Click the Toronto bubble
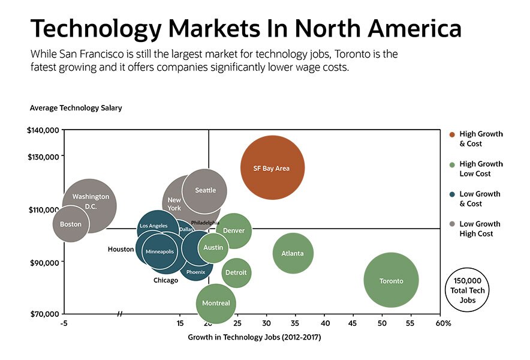tap(391, 280)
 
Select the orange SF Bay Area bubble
tap(272, 168)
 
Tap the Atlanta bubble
tap(293, 253)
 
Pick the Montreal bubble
tap(216, 303)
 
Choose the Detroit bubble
tap(236, 272)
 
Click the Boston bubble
tap(71, 224)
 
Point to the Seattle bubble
tap(205, 191)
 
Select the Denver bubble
tap(234, 230)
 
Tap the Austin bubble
tap(213, 247)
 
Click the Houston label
tap(121, 249)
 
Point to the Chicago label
tap(165, 280)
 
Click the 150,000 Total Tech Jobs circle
tap(468, 290)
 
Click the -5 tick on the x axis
tap(64, 323)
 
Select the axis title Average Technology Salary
tap(76, 108)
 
